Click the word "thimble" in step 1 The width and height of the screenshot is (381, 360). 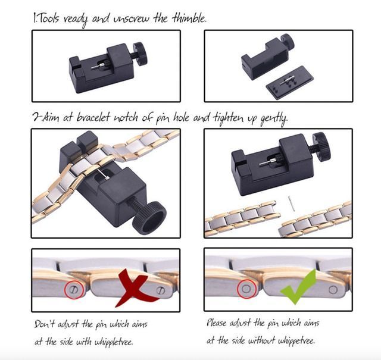point(189,18)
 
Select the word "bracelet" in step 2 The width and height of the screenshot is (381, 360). point(93,117)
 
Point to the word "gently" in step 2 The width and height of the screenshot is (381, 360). point(274,119)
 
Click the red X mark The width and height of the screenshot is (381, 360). point(135,288)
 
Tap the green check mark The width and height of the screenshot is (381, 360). point(299,287)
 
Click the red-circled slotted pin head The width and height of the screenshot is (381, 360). point(74,289)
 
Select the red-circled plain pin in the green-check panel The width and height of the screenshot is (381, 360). point(246,289)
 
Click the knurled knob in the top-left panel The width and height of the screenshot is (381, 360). point(140,54)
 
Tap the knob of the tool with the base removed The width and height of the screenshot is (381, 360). point(287,42)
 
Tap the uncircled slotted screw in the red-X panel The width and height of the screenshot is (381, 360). point(161,290)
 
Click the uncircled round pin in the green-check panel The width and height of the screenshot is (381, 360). point(333,290)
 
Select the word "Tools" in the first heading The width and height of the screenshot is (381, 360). point(49,18)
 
